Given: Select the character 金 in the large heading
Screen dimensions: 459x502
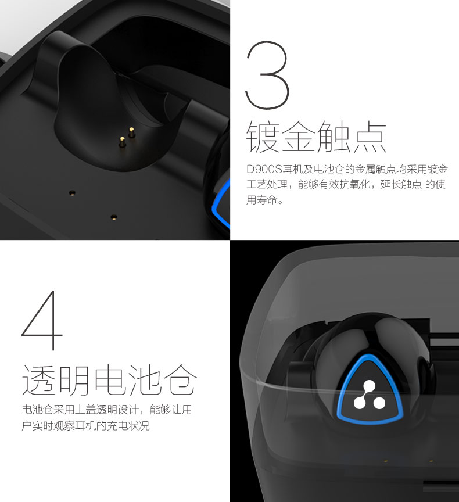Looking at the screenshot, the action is click(298, 137).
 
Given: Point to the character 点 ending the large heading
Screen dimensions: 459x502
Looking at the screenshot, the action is click(370, 137).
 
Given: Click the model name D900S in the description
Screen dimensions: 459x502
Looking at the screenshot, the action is click(264, 169).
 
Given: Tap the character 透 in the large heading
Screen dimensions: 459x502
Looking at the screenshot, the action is click(39, 379).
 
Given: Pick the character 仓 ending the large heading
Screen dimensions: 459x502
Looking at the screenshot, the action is click(180, 379).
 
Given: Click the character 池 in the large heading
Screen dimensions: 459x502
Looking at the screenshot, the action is click(145, 379).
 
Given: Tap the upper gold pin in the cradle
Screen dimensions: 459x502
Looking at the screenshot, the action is click(131, 132).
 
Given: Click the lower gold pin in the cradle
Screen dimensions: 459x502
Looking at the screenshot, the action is click(121, 142).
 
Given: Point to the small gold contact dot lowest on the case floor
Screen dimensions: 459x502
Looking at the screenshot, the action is click(114, 218).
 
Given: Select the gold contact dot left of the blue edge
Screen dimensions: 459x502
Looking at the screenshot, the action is click(73, 193).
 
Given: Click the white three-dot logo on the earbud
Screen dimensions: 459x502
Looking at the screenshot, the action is click(369, 396).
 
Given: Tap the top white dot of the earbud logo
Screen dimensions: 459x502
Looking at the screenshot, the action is click(370, 386).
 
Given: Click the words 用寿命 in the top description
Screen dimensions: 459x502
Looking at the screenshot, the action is click(261, 200).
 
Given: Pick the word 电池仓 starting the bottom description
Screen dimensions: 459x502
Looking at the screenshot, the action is click(37, 409).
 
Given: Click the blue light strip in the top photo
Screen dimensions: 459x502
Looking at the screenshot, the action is click(221, 203).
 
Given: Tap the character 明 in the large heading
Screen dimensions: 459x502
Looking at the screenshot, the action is click(74, 379).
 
